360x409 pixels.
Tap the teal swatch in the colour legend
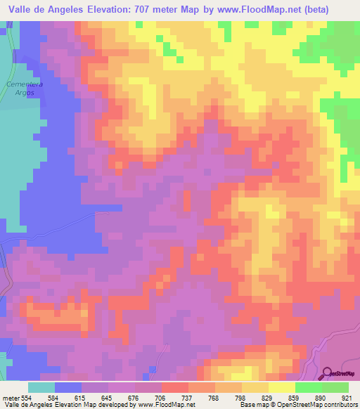41,387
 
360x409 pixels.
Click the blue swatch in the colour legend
68,387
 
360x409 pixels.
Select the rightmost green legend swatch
335,387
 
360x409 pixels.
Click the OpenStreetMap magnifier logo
328,373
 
